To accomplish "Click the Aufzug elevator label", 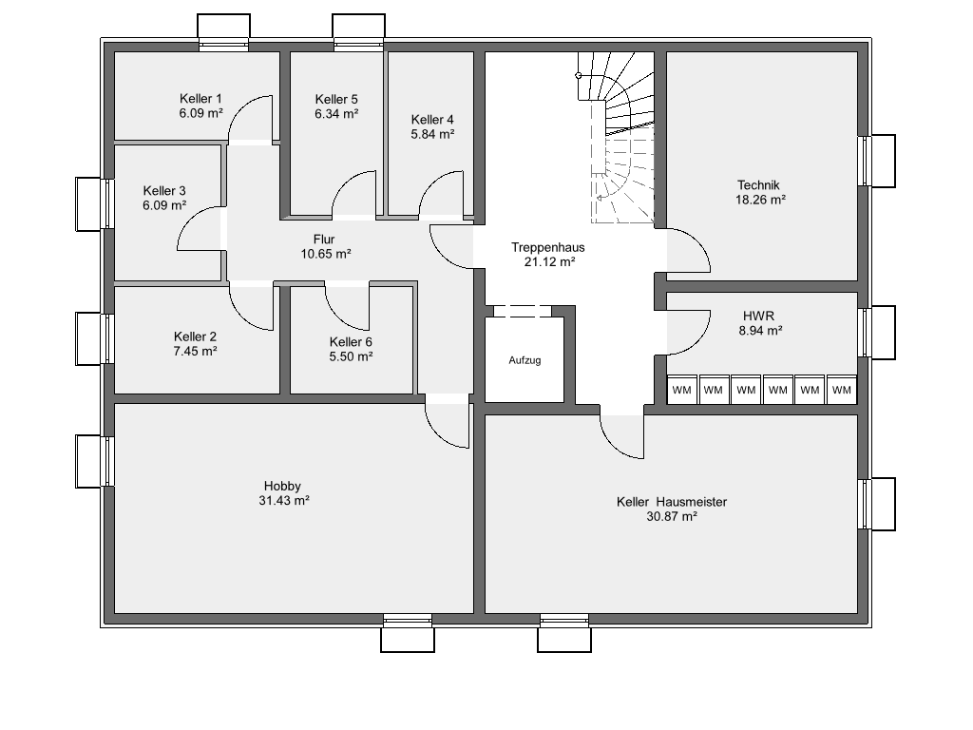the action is tap(525, 360).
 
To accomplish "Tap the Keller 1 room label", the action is tap(200, 99).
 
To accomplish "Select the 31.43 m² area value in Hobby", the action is tap(283, 500).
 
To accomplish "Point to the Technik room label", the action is tap(758, 185).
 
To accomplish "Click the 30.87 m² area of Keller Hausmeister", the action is tap(672, 516).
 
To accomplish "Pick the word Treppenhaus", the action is tap(548, 247).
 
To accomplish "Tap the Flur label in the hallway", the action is tap(324, 239).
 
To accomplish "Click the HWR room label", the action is tap(759, 316).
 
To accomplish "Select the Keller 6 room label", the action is tap(351, 342).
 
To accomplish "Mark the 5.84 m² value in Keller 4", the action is tap(432, 133).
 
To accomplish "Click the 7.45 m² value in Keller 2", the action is tap(195, 351).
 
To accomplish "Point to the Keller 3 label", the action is tap(164, 191).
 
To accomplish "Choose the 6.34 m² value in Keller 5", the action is tap(336, 114).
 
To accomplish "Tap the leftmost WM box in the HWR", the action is tap(682, 390).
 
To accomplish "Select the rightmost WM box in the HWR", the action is tap(842, 390).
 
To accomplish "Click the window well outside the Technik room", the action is tap(883, 161).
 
